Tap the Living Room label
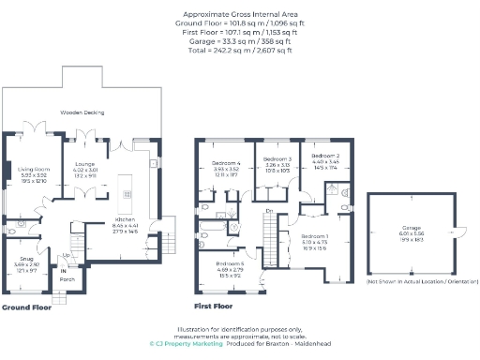[x=34, y=169]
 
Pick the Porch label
[x=67, y=278]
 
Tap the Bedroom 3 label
[x=277, y=159]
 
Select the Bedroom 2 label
[x=324, y=156]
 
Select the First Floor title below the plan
[x=213, y=307]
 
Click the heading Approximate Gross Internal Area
[x=240, y=16]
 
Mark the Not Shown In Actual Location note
[x=406, y=281]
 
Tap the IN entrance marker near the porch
[x=64, y=270]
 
